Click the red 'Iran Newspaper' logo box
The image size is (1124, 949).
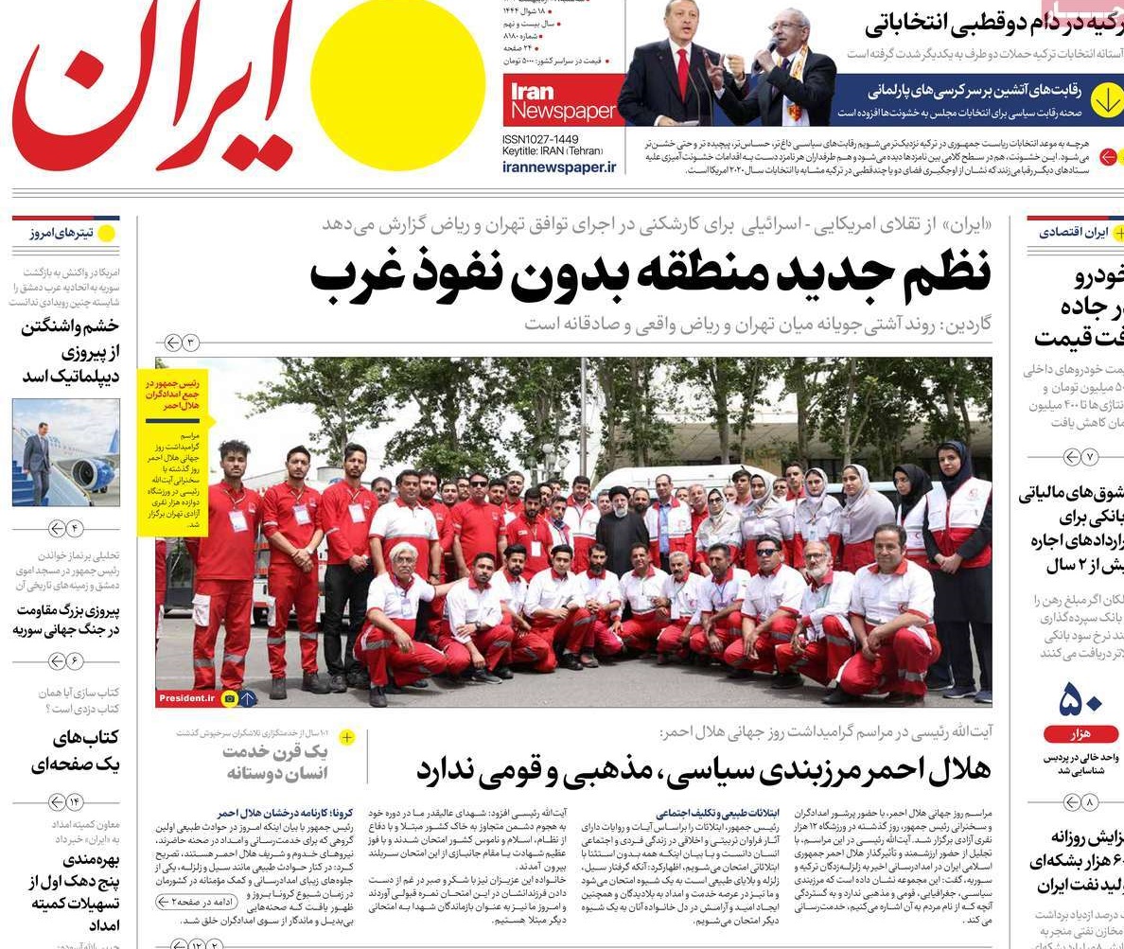[x=563, y=100]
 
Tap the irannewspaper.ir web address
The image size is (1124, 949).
[x=558, y=167]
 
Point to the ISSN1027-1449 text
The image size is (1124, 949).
[x=540, y=139]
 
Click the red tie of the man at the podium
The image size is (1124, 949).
[x=682, y=75]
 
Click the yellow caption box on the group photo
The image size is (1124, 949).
[x=172, y=452]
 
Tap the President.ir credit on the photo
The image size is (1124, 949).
[x=187, y=698]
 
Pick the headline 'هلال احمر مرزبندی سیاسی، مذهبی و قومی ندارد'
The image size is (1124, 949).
[x=703, y=769]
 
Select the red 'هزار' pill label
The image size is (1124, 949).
[x=1080, y=733]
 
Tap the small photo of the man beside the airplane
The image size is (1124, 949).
[x=66, y=452]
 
